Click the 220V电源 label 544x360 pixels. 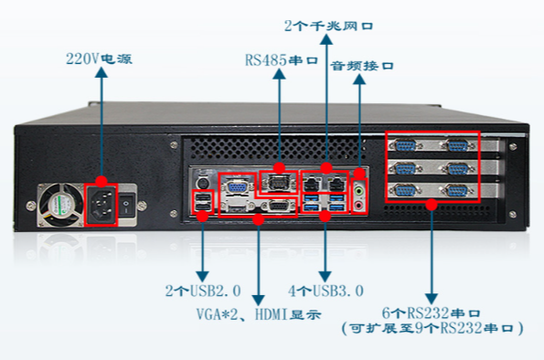point(100,59)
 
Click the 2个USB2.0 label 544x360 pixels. point(203,291)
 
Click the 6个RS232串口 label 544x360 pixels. point(431,312)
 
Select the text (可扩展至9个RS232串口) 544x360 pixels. point(431,327)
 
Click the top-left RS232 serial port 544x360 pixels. point(404,145)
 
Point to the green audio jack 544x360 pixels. point(360,191)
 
